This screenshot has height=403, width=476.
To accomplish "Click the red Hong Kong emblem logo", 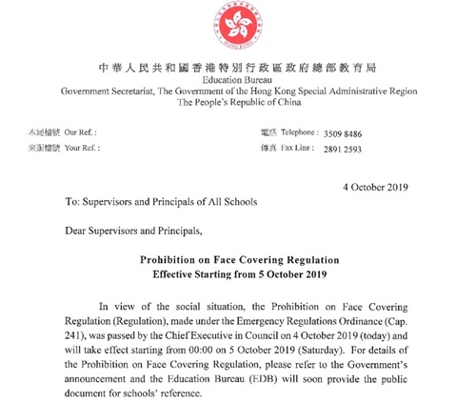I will coord(238,29).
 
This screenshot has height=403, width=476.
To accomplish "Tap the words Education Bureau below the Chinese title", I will coord(238,85).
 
